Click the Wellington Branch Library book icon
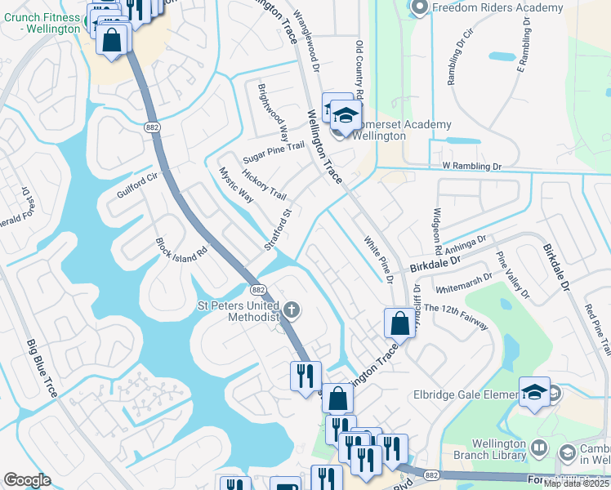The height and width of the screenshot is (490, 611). (x=538, y=448)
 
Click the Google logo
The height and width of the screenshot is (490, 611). (x=27, y=480)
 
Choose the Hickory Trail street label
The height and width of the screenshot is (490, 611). (x=263, y=185)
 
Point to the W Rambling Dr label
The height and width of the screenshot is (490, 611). (x=471, y=166)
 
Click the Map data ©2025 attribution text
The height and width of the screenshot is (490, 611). (x=576, y=483)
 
